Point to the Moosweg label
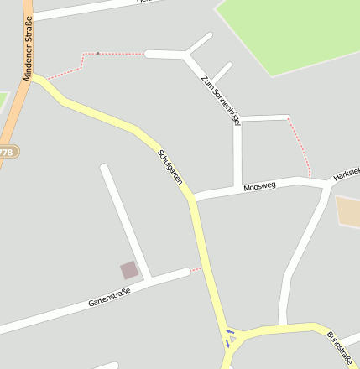(258, 186)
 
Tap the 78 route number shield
(7, 152)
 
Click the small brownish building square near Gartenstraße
(129, 269)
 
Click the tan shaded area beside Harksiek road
(348, 210)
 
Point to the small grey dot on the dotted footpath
(97, 54)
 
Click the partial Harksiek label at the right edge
(347, 174)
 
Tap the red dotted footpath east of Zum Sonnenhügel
(300, 145)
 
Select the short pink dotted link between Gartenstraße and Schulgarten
(196, 269)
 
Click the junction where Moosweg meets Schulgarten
(193, 200)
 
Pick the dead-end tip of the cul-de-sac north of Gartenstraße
(103, 168)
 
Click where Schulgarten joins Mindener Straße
(34, 76)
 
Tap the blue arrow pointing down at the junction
(227, 343)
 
